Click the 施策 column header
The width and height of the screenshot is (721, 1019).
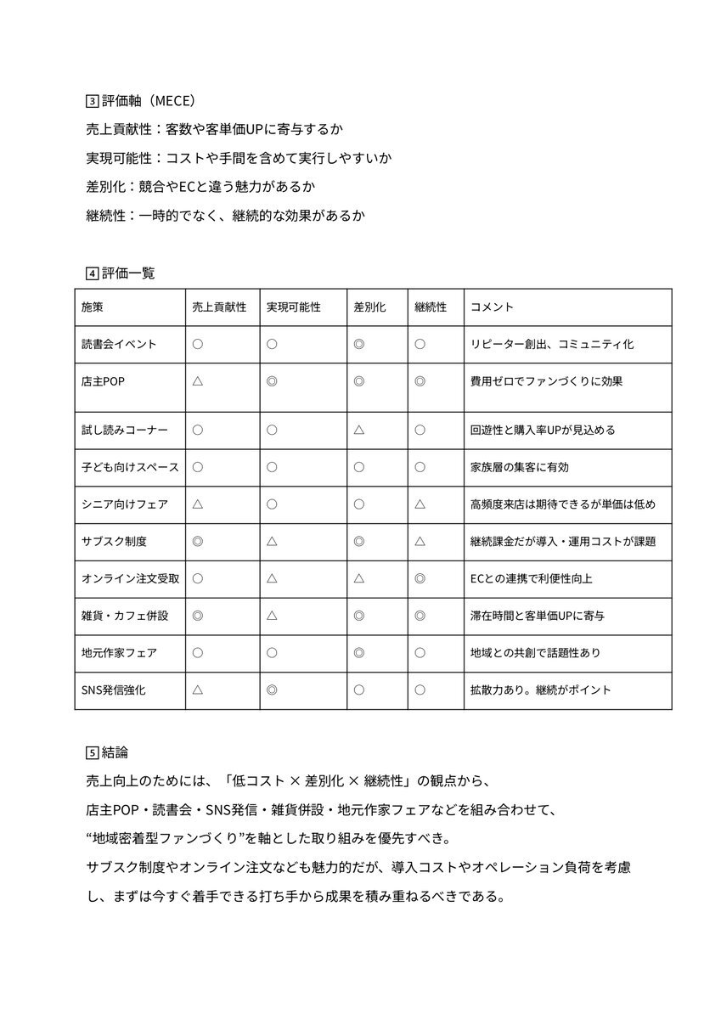click(94, 307)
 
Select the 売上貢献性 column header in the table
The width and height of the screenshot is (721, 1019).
click(220, 307)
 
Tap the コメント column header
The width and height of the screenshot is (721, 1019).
click(492, 307)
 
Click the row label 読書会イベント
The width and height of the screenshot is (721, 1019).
click(119, 345)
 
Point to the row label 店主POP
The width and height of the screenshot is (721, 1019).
click(103, 382)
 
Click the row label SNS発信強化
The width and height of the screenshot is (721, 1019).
click(114, 690)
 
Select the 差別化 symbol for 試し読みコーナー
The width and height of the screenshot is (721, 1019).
click(359, 430)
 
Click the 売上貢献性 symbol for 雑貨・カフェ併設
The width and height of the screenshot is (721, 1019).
click(197, 615)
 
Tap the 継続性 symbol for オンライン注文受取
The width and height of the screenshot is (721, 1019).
click(420, 578)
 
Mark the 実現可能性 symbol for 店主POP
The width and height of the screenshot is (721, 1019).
click(272, 382)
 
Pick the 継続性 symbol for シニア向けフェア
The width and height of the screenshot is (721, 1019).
click(420, 504)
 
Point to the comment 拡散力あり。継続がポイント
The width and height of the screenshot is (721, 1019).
click(540, 690)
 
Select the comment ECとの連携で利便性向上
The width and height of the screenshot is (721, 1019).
click(531, 578)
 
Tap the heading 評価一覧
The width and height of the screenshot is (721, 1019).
click(128, 273)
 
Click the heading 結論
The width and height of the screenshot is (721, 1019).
click(115, 752)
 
